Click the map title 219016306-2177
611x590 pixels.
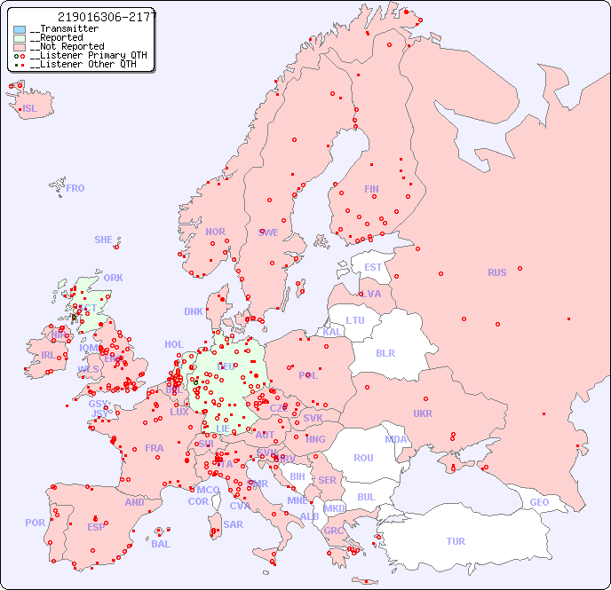click(106, 17)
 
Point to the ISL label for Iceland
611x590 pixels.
click(30, 109)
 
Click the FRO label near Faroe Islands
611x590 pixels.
click(75, 188)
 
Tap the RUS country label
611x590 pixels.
click(496, 272)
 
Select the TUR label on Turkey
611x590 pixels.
click(456, 541)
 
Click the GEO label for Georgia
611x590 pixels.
click(539, 502)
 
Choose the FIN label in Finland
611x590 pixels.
click(371, 189)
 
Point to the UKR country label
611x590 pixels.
click(423, 413)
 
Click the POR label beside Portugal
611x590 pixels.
click(35, 523)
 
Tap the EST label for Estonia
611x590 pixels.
click(373, 267)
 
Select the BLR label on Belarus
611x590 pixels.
click(385, 352)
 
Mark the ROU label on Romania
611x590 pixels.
click(363, 458)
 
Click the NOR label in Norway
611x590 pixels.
click(215, 232)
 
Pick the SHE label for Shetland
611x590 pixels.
click(103, 240)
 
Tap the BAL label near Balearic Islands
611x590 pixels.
click(160, 544)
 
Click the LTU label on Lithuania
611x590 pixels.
click(355, 320)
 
